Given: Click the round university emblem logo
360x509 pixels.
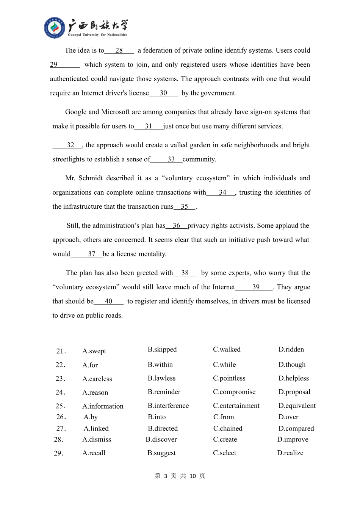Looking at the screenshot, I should pos(55,28).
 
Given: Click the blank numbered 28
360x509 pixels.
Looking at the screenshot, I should pos(119,50).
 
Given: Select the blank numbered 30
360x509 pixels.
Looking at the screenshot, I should pos(163,93).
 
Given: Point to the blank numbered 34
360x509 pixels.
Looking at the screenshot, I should pos(222,193).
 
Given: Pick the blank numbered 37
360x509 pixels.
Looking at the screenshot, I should pos(91,254).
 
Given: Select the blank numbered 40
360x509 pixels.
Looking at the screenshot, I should pos(108,301).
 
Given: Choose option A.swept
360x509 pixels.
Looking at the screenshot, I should pos(94,351).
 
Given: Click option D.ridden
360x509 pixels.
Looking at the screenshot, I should pos(291,350).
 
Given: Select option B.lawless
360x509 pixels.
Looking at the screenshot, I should pos(161,378).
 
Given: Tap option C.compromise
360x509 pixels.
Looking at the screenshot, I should pos(234,392).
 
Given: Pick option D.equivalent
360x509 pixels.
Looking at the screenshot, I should pos(297,406).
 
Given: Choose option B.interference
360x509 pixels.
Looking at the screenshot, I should pos(168,406).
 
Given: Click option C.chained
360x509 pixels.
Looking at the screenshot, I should pos(227,429).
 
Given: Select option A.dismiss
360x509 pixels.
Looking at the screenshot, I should pos(97,440).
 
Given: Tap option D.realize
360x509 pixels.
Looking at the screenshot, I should pos(290,453).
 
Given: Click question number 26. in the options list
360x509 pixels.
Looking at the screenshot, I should pos(61,417).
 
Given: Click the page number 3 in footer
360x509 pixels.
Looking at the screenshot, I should pos(166,476).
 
